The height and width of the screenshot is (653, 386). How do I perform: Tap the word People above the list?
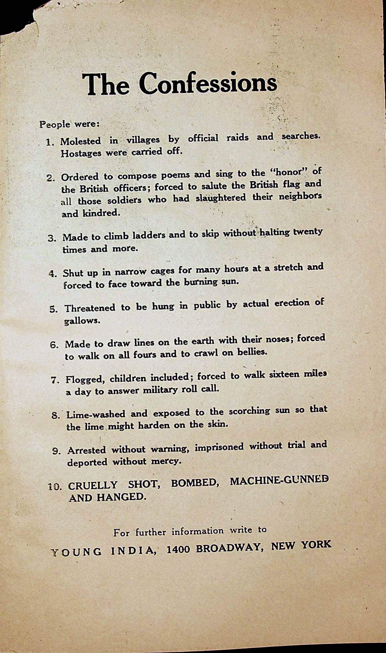click(55, 124)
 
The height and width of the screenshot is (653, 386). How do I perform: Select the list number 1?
click(50, 142)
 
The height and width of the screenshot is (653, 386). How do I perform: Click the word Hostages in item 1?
click(81, 153)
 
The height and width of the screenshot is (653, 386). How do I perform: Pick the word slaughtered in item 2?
click(221, 198)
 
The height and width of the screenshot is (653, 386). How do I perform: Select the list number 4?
click(53, 274)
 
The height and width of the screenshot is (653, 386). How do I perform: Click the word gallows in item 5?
click(82, 321)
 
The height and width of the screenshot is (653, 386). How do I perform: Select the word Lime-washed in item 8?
click(96, 414)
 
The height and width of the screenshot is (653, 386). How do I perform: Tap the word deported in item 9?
click(87, 462)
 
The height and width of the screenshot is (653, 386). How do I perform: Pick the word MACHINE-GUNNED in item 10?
click(279, 481)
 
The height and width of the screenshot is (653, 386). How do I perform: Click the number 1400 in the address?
click(178, 549)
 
